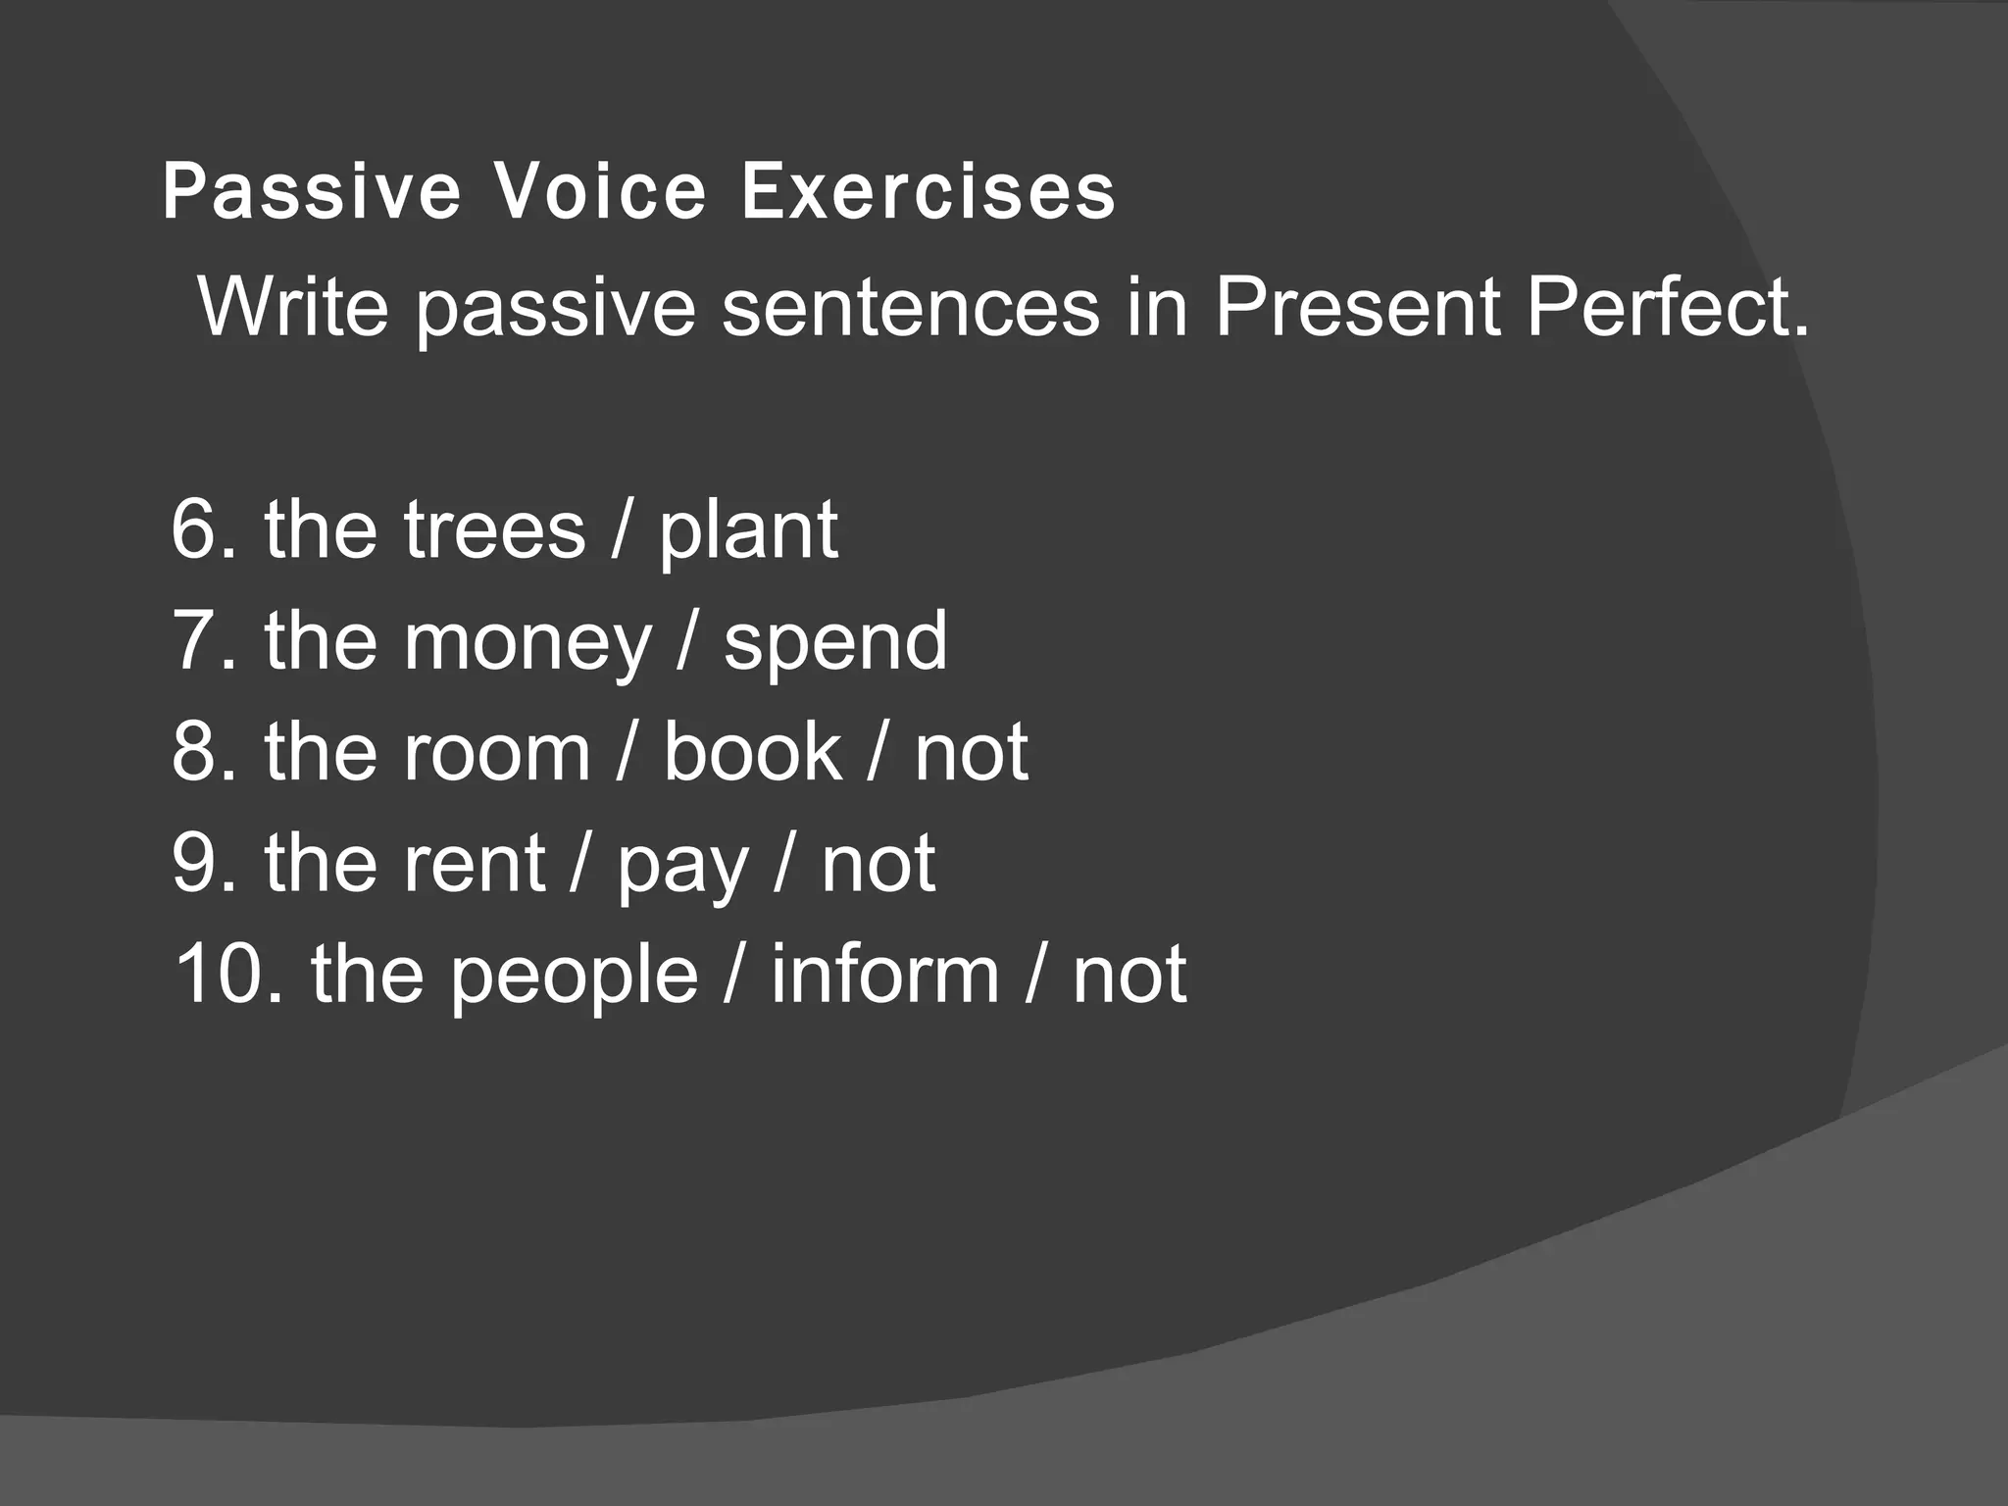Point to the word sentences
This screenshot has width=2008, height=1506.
[x=911, y=308]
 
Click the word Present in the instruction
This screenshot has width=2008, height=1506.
[x=1358, y=308]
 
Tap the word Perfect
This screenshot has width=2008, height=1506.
[x=1667, y=308]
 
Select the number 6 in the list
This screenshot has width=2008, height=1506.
[x=196, y=529]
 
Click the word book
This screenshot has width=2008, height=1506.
[x=752, y=753]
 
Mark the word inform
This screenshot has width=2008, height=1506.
[x=884, y=975]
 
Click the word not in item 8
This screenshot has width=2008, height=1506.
[x=971, y=753]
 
